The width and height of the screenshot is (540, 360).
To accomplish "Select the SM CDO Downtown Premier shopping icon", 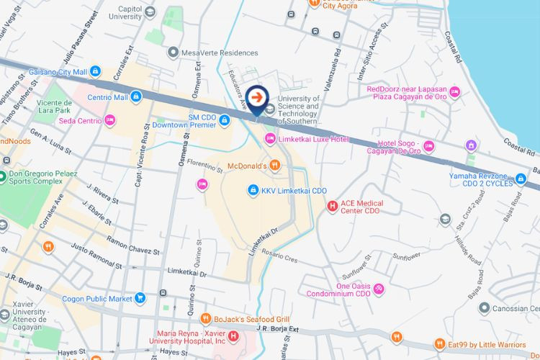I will coord(224,120).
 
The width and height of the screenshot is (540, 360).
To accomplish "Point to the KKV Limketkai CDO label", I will coord(294,190).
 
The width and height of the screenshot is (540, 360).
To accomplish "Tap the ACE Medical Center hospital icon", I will coord(332,207).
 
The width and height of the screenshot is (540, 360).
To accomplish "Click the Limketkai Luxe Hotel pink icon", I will coord(270,138).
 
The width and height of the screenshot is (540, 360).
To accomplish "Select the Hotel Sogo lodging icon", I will coord(428,146).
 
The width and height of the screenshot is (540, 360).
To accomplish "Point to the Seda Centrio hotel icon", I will coord(109,120).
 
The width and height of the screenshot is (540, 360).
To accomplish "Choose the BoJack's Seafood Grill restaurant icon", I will coord(205,318).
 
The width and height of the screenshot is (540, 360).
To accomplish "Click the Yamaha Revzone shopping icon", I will coord(521,180).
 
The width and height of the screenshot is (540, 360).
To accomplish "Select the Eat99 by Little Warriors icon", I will coord(439,344).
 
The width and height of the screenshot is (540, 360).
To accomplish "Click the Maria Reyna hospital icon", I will coord(233,336).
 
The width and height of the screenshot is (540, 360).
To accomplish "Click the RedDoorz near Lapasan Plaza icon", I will coord(454,93).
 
